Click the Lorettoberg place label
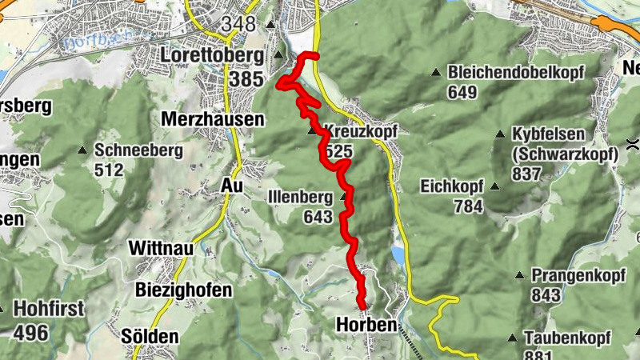point(213,55)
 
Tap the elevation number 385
point(245,80)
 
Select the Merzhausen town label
point(213,118)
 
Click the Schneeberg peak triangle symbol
point(82,150)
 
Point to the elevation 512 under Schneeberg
point(109,170)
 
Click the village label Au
point(231,185)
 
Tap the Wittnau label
point(161,249)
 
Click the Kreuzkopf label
point(362,130)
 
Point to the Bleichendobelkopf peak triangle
point(436,73)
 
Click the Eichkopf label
point(451,186)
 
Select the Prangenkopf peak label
point(569,274)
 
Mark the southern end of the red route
point(362,306)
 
